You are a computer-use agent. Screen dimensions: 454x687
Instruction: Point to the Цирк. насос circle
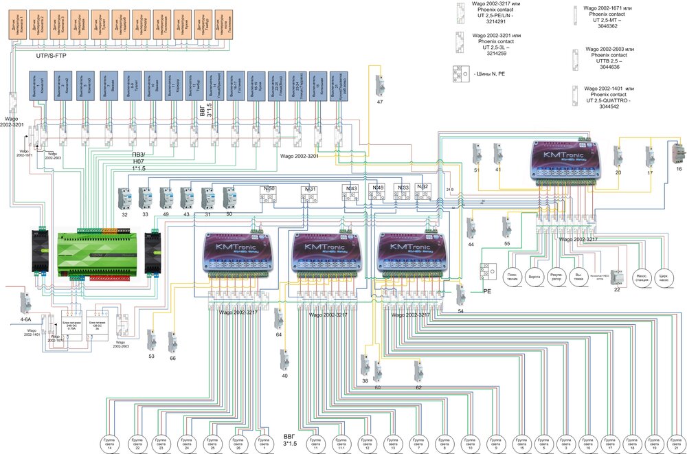[664, 276]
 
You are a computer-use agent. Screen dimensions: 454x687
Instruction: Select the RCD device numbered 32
[125, 199]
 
